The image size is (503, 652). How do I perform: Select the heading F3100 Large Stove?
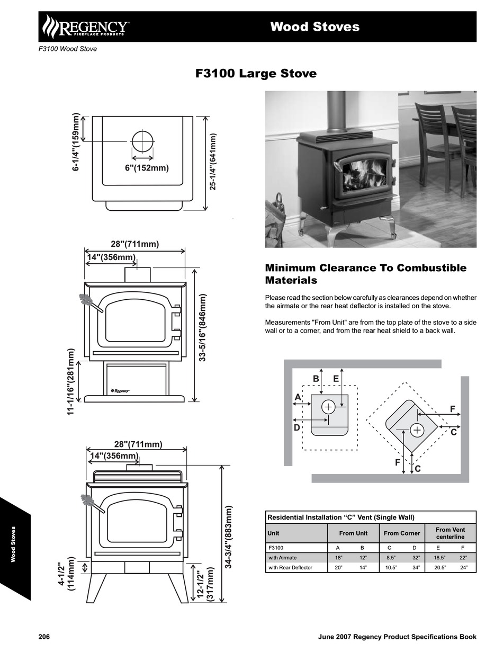click(x=256, y=74)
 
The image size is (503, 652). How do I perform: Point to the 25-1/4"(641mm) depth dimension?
click(x=213, y=162)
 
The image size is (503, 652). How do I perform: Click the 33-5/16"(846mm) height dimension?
click(x=202, y=328)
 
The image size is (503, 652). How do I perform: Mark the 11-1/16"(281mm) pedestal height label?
click(x=71, y=381)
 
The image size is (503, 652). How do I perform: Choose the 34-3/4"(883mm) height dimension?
click(x=229, y=537)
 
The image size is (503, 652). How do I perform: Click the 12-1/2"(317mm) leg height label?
click(x=205, y=584)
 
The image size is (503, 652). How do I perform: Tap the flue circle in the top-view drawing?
click(x=142, y=141)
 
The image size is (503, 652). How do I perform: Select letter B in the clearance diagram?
click(x=316, y=379)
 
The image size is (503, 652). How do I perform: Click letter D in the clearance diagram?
click(x=297, y=427)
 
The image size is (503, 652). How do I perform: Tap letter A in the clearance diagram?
click(x=298, y=397)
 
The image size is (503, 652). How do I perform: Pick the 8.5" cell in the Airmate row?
click(x=391, y=558)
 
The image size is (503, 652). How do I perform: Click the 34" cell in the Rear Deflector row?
click(x=416, y=568)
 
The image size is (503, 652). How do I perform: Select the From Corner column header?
click(x=402, y=533)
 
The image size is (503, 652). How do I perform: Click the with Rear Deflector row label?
click(x=290, y=568)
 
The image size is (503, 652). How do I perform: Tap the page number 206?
click(x=44, y=637)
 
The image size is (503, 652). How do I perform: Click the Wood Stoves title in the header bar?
click(x=315, y=27)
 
